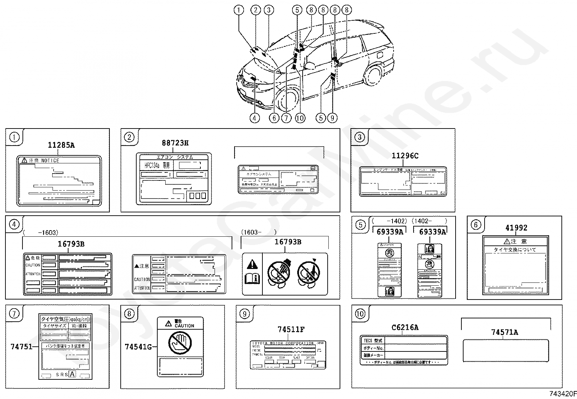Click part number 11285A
(x=61, y=145)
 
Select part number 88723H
(x=175, y=143)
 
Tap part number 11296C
(x=405, y=156)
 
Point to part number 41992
(x=516, y=228)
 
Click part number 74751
(x=21, y=347)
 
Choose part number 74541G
(x=138, y=347)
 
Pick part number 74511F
(x=291, y=330)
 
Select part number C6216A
(x=405, y=327)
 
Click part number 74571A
(x=505, y=332)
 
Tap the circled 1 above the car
(x=238, y=10)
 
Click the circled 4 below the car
(x=254, y=118)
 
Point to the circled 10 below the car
(x=300, y=118)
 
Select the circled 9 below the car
(x=332, y=118)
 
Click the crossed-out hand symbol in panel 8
(x=180, y=343)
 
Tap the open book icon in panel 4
(x=252, y=279)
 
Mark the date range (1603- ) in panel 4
(x=259, y=232)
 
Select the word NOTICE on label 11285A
(x=50, y=160)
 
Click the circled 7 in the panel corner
(x=14, y=313)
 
